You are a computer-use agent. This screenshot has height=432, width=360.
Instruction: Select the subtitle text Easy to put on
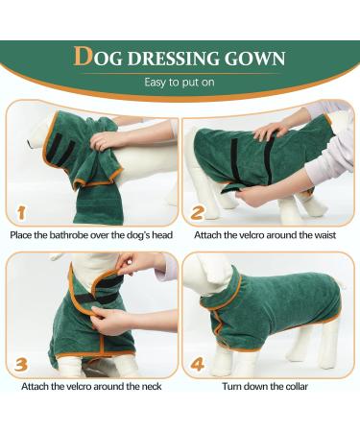[x=180, y=83]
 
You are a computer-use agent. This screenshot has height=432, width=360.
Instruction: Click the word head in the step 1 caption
[x=159, y=234]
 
